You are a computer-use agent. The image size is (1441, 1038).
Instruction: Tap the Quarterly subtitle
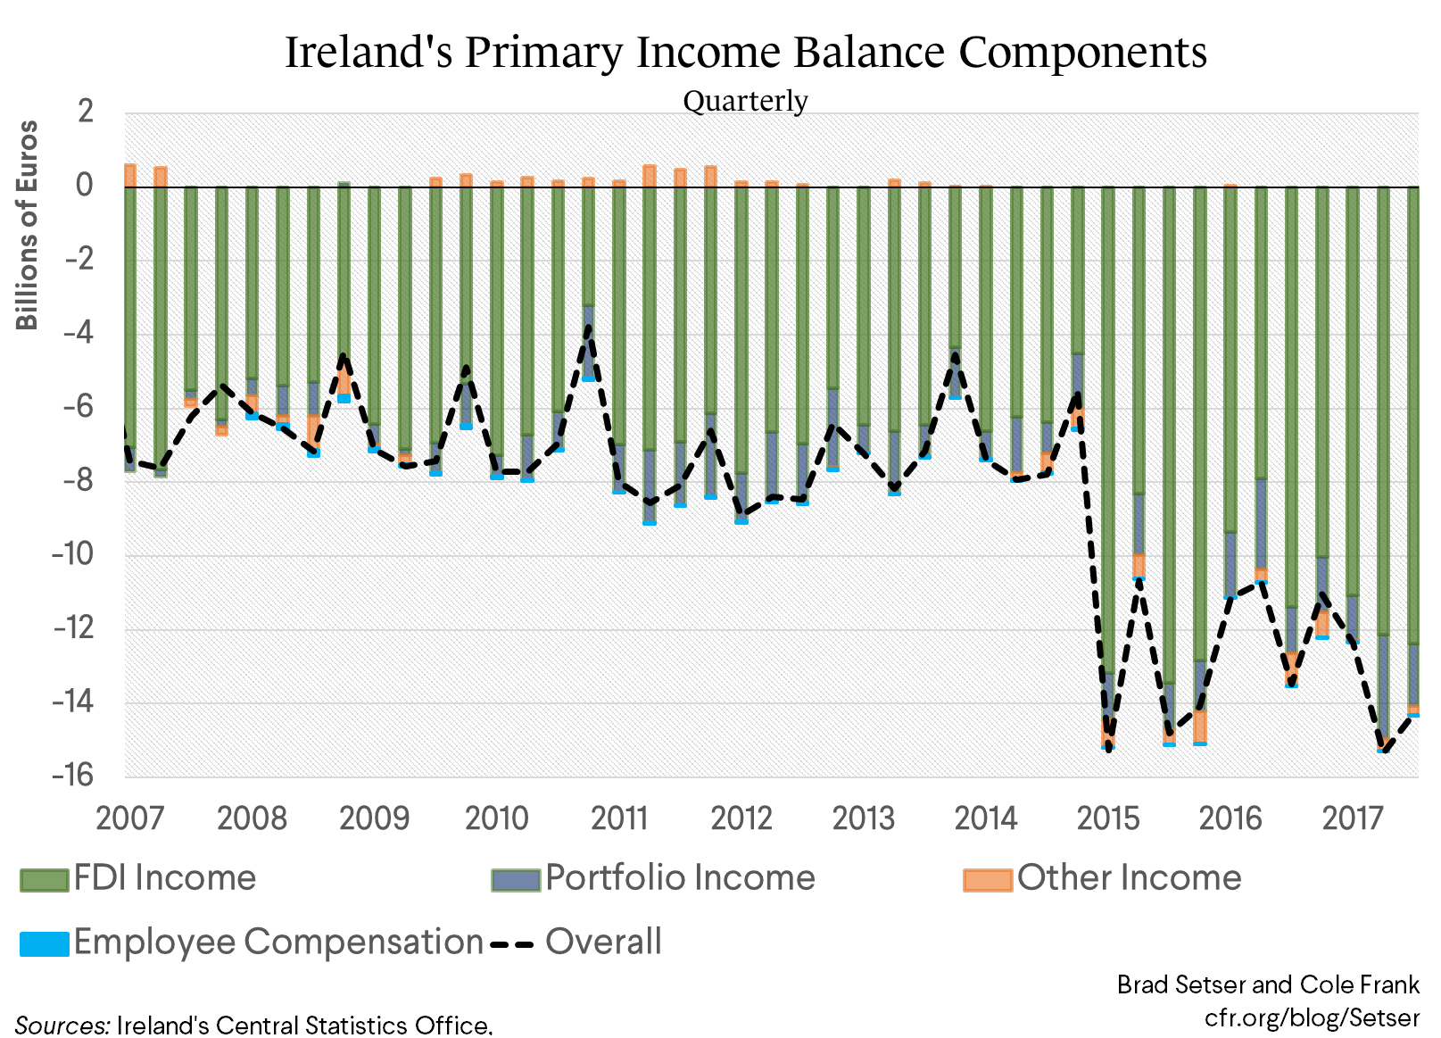[745, 101]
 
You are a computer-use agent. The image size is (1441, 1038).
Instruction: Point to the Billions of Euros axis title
[28, 225]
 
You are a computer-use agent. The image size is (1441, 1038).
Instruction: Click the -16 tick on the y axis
[72, 775]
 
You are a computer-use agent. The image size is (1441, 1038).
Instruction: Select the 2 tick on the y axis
[86, 112]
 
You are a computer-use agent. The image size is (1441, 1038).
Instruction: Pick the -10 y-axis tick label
[72, 554]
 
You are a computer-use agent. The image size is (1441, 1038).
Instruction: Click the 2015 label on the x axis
[1107, 818]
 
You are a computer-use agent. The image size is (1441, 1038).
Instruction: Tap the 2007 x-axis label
[129, 818]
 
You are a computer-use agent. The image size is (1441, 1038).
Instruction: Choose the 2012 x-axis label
[741, 818]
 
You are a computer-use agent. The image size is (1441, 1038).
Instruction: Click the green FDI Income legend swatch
[45, 879]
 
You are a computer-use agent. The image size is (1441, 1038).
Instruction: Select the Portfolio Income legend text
[680, 878]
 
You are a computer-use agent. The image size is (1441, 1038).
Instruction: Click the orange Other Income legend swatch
[987, 879]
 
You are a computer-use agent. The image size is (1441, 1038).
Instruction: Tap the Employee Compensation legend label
[278, 943]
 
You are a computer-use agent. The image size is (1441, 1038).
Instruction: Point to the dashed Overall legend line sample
[512, 943]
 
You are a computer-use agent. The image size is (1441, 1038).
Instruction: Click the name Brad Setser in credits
[1180, 984]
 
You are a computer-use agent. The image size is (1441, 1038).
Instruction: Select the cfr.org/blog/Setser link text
[1312, 1017]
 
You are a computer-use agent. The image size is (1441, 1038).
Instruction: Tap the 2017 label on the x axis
[1352, 818]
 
